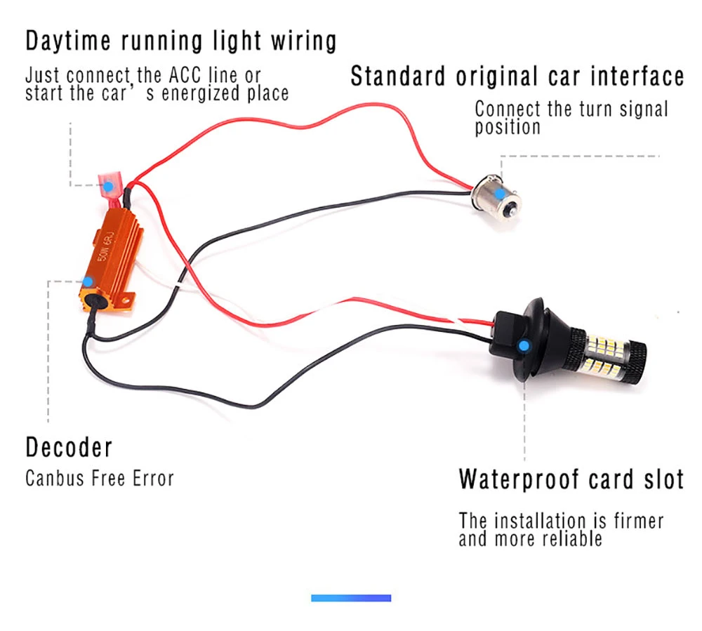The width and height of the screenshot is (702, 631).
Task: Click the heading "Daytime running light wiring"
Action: coord(180,41)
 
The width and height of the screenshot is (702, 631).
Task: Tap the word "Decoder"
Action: coord(69,447)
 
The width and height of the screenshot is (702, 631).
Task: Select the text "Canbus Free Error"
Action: coord(99,479)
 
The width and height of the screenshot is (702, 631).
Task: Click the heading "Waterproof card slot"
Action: coord(571,479)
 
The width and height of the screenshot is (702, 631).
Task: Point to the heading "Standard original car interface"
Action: coord(517,76)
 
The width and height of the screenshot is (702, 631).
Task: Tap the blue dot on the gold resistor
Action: coord(88,282)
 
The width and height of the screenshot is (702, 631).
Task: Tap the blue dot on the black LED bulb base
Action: coord(524,345)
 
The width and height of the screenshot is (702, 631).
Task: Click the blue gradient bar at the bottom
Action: coord(351,598)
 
